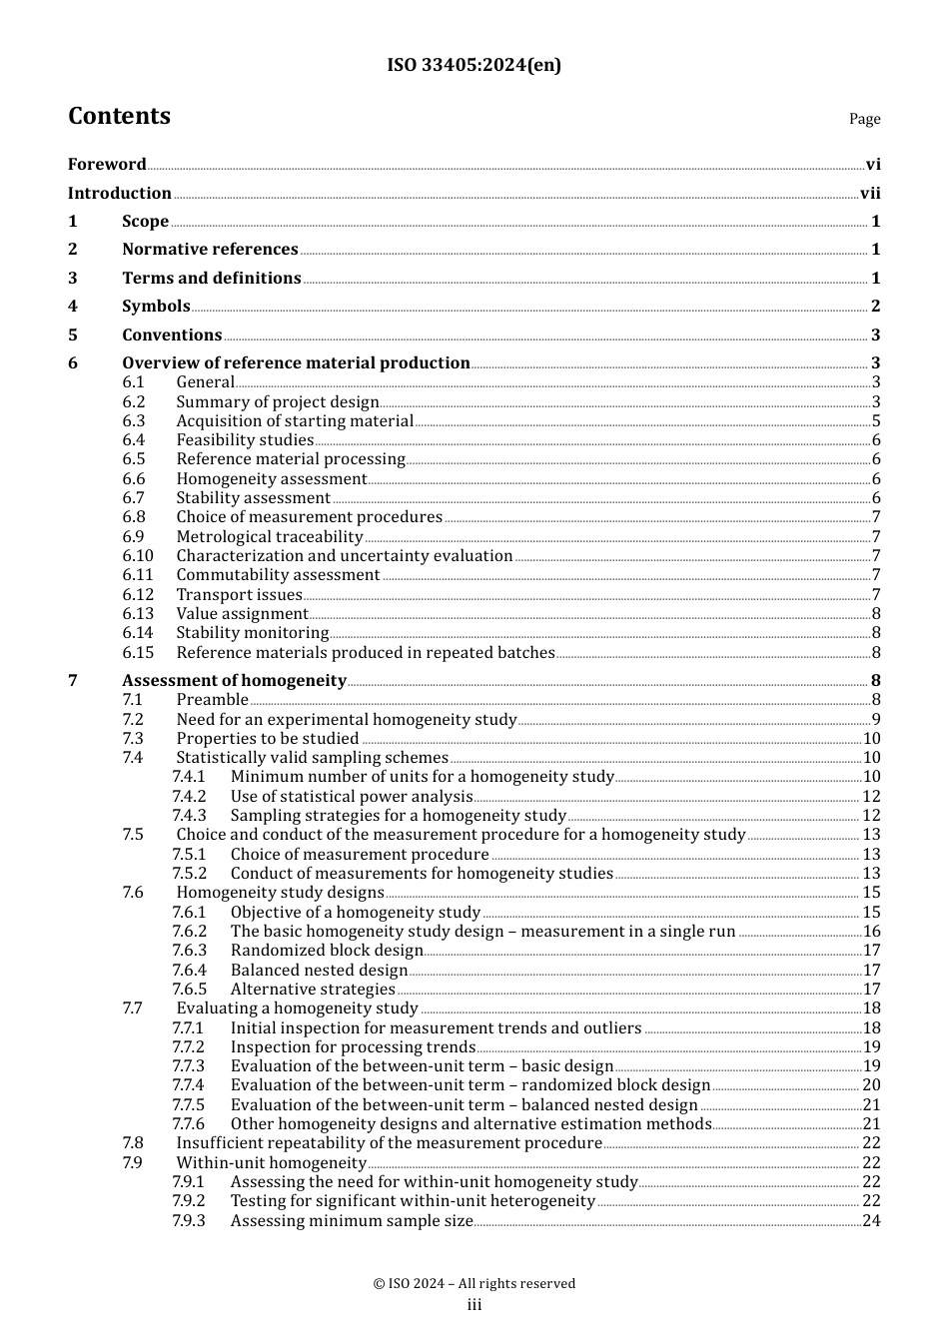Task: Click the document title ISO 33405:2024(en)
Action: pyautogui.click(x=474, y=65)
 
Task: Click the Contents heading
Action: pyautogui.click(x=119, y=116)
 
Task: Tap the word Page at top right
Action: pyautogui.click(x=864, y=119)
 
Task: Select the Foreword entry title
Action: pyautogui.click(x=107, y=165)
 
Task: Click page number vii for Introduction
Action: pyautogui.click(x=870, y=194)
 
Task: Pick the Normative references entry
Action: pyautogui.click(x=210, y=250)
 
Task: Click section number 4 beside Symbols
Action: pyautogui.click(x=72, y=307)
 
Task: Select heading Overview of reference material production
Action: pyautogui.click(x=296, y=363)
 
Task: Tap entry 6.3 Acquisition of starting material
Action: pyautogui.click(x=294, y=421)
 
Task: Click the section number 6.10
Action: pyautogui.click(x=138, y=556)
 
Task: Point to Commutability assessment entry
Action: pyautogui.click(x=278, y=575)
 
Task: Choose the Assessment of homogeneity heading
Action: pyautogui.click(x=234, y=681)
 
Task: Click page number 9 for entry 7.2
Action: pyautogui.click(x=875, y=720)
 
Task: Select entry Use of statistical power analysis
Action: pyautogui.click(x=351, y=797)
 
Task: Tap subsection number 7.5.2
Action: pyautogui.click(x=189, y=874)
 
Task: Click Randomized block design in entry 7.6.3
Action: pyautogui.click(x=327, y=951)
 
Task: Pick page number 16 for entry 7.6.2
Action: pyautogui.click(x=871, y=932)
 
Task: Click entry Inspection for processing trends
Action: pyautogui.click(x=353, y=1047)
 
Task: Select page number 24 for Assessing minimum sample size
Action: pyautogui.click(x=871, y=1221)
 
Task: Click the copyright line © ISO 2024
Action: pyautogui.click(x=474, y=1284)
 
